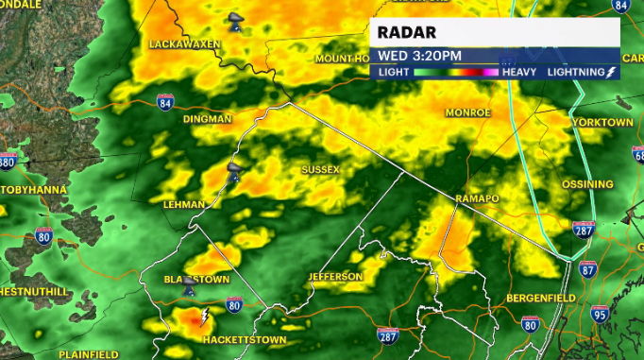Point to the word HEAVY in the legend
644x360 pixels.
click(520, 72)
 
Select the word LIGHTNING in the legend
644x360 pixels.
click(576, 72)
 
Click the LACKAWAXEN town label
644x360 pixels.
click(184, 44)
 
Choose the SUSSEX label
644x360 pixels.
click(320, 169)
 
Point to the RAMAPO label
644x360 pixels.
click(476, 198)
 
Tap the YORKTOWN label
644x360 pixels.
click(602, 123)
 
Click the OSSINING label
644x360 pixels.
click(587, 184)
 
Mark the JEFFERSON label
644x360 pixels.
click(334, 277)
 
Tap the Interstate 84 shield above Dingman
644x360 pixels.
click(166, 101)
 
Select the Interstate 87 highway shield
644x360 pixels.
click(587, 270)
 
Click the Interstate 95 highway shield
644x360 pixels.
click(600, 314)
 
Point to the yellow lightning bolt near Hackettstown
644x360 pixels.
click(203, 316)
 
